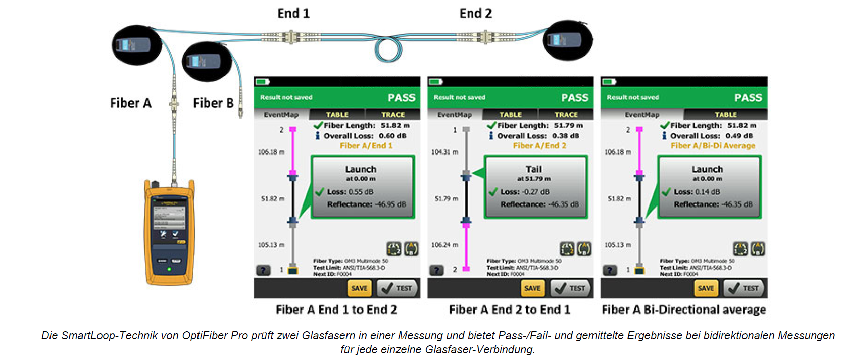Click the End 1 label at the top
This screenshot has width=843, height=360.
293,13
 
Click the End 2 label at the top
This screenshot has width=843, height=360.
475,13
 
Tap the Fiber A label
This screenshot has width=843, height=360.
130,103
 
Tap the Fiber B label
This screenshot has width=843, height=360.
213,103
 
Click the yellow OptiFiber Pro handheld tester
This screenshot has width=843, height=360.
169,232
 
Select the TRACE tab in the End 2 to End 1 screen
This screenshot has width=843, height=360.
566,115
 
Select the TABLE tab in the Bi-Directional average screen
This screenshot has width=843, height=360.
725,115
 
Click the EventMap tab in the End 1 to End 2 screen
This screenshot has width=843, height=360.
281,115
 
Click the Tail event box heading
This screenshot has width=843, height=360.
533,169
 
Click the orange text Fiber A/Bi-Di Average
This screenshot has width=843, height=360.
713,145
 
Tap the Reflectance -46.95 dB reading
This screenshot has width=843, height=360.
366,204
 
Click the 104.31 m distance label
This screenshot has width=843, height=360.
444,152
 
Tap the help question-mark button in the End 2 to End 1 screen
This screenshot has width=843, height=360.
436,270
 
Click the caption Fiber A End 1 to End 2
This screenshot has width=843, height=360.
336,310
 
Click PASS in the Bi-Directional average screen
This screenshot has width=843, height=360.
748,97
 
